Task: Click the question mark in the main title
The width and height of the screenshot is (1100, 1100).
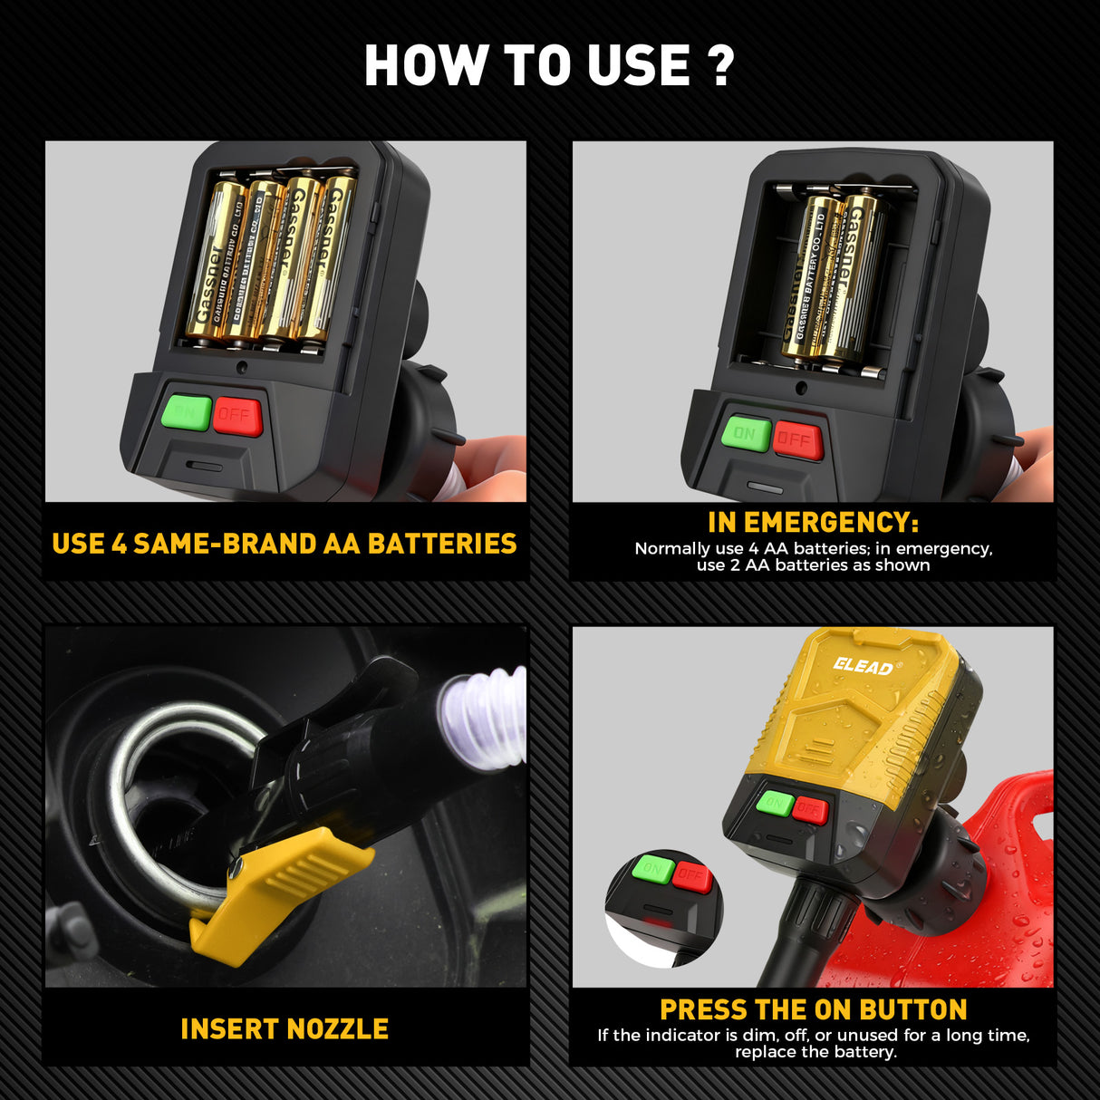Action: [721, 65]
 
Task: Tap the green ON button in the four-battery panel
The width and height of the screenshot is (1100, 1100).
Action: [187, 413]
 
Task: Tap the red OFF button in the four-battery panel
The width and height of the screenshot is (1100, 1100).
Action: [237, 416]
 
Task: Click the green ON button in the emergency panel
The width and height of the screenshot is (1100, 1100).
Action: [746, 434]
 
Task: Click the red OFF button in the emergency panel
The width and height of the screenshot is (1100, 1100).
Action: [797, 440]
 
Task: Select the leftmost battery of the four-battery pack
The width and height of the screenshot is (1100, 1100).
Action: [215, 258]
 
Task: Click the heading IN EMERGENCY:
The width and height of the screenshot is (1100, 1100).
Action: [813, 523]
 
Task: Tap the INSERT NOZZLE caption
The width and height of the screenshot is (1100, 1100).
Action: [285, 1029]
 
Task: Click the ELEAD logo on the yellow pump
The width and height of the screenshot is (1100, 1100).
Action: [863, 667]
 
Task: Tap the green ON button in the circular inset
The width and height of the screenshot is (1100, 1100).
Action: [651, 869]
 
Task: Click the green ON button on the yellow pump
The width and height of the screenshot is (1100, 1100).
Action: [775, 802]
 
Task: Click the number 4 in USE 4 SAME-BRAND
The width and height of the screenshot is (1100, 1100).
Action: [119, 544]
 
